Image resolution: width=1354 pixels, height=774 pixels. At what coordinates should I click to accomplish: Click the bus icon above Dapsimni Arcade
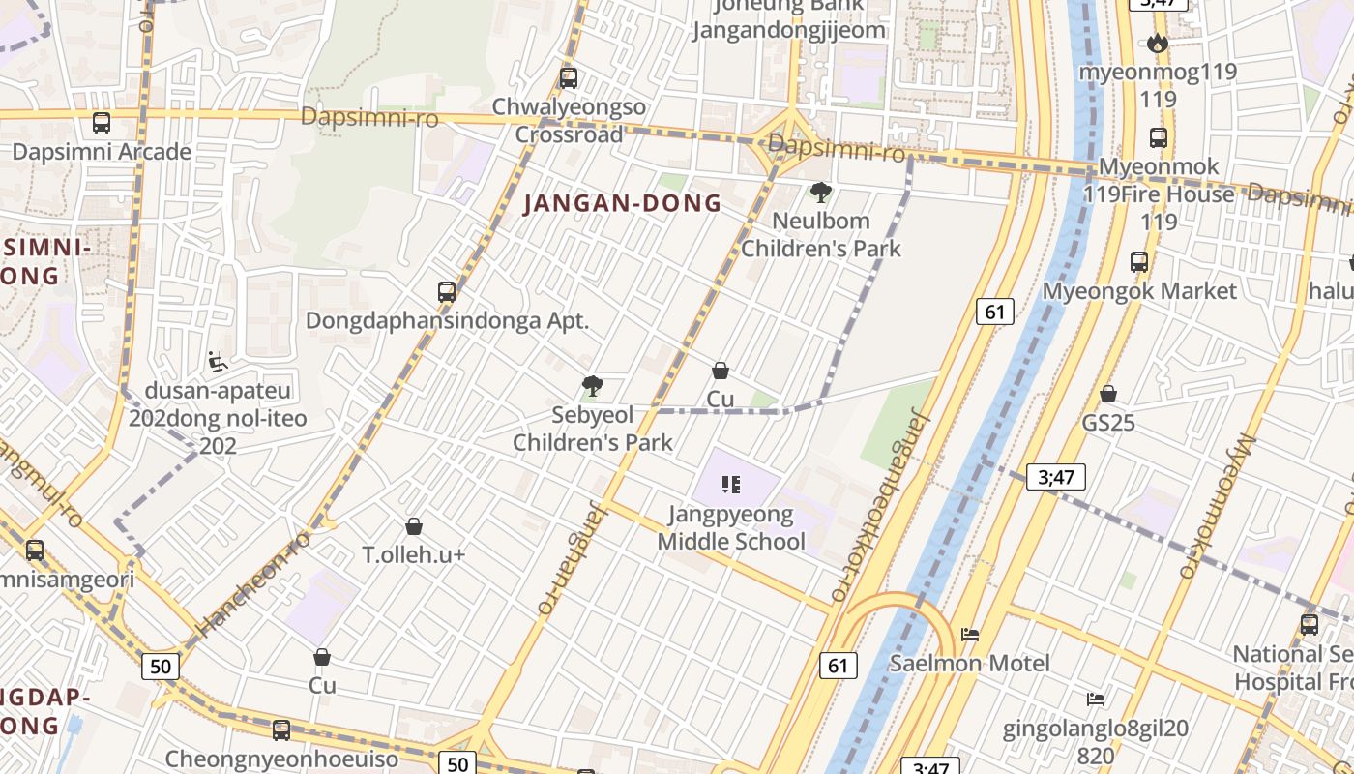tap(101, 123)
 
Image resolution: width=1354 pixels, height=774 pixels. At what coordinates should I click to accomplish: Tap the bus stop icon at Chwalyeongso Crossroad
tap(569, 78)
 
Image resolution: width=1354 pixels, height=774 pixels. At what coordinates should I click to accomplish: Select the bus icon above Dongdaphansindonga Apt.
tap(447, 291)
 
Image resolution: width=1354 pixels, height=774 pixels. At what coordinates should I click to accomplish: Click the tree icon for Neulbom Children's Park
tap(820, 193)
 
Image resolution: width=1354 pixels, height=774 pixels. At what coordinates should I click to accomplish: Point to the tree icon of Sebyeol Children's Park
tap(593, 387)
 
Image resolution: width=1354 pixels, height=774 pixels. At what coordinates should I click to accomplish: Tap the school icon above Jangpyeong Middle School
tap(731, 485)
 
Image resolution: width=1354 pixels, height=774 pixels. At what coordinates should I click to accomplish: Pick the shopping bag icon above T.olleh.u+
tap(414, 526)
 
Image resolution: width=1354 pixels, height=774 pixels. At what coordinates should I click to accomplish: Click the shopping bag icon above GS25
tap(1108, 395)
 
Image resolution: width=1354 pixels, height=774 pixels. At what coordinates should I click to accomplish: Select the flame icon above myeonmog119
tap(1157, 44)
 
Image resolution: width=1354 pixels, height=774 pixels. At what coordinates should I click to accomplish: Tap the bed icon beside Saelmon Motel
tap(970, 635)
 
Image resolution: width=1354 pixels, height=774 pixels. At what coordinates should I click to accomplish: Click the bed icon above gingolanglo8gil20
tap(1095, 699)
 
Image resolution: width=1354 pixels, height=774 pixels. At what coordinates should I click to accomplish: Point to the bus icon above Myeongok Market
tap(1139, 262)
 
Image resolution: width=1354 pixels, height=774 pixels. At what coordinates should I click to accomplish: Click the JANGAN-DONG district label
tap(623, 203)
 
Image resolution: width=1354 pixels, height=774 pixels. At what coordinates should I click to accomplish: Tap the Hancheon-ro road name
tap(253, 583)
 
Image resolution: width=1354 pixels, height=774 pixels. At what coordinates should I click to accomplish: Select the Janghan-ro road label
tap(571, 558)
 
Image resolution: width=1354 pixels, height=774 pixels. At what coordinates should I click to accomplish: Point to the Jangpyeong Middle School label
tap(731, 527)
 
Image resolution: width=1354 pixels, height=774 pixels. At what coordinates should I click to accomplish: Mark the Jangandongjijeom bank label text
tap(788, 30)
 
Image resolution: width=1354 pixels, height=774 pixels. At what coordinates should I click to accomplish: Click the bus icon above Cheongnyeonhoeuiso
tap(281, 729)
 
